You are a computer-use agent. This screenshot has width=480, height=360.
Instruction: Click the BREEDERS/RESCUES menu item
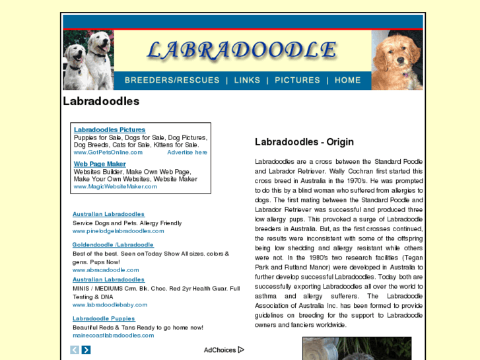172,80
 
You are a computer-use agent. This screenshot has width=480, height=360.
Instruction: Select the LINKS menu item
247,80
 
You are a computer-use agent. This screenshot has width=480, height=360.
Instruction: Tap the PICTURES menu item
297,80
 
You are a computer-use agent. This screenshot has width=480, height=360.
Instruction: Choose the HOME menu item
348,80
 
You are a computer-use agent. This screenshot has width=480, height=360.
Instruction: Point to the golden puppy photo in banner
396,60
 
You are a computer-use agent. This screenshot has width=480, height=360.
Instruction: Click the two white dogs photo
88,60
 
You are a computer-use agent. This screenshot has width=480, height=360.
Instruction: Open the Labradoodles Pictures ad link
110,129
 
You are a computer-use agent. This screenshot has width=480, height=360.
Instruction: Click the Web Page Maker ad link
100,164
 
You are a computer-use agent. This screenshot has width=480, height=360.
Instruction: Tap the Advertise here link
187,152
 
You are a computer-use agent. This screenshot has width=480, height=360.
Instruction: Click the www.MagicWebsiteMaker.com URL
115,186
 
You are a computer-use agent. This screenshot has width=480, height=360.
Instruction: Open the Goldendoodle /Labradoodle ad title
113,244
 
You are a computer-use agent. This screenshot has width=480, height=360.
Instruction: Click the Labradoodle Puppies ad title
104,318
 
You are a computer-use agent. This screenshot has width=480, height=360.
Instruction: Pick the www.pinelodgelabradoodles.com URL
118,231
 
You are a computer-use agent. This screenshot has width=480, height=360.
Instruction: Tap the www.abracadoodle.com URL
106,270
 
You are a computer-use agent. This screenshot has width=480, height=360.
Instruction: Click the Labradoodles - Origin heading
304,142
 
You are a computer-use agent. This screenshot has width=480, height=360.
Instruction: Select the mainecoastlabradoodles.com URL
113,335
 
